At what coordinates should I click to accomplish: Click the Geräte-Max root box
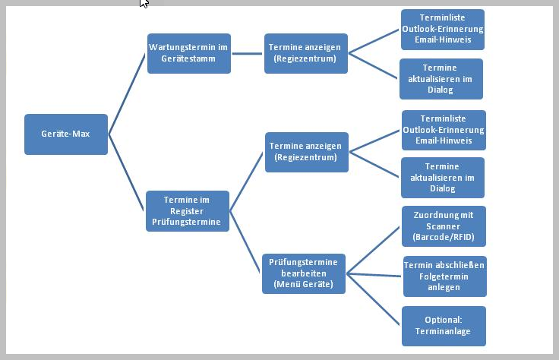tap(66, 134)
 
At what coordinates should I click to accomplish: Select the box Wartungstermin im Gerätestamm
tap(188, 53)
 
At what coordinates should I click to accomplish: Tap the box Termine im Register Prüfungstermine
tap(187, 211)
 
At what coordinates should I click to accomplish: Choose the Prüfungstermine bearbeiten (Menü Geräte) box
tap(303, 273)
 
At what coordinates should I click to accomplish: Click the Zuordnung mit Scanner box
tap(444, 226)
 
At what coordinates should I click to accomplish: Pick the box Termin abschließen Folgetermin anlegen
tap(444, 276)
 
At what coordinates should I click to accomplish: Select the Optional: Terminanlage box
tap(444, 326)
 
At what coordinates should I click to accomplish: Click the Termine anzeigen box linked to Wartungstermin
tap(306, 53)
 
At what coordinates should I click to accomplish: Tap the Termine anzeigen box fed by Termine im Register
tap(306, 152)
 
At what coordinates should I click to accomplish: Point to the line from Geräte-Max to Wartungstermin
tap(127, 94)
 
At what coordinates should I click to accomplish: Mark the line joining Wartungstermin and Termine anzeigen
tap(248, 53)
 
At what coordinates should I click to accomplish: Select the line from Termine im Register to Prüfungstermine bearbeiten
tap(245, 242)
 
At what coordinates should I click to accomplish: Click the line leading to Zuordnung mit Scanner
tap(374, 250)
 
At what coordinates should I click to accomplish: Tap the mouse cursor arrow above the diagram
tap(144, 4)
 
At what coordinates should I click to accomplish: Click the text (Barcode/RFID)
tap(444, 237)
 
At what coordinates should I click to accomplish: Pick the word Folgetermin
tap(444, 276)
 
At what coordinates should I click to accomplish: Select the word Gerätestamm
tap(188, 59)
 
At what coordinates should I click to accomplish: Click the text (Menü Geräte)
tap(303, 284)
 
